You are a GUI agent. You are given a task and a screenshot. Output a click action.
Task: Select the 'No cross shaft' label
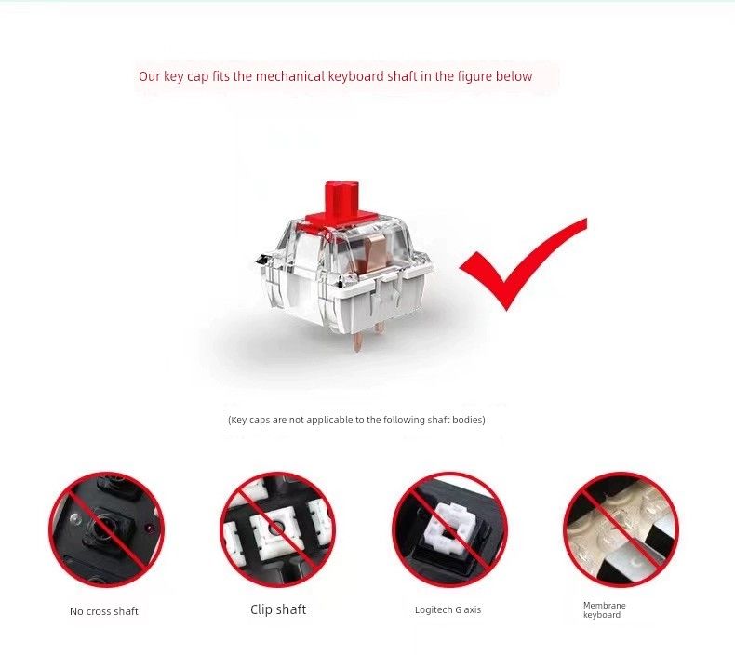pyautogui.click(x=104, y=611)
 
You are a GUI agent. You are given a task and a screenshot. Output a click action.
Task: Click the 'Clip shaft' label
pyautogui.click(x=278, y=609)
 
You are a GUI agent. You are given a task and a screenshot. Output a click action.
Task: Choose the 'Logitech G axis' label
pyautogui.click(x=448, y=610)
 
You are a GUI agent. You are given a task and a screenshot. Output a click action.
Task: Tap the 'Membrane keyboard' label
pyautogui.click(x=605, y=610)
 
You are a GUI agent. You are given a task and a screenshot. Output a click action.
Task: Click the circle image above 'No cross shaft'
pyautogui.click(x=107, y=529)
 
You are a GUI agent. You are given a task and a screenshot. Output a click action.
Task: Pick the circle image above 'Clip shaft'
pyautogui.click(x=278, y=529)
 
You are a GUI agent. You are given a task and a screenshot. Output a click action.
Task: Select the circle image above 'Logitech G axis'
pyautogui.click(x=449, y=529)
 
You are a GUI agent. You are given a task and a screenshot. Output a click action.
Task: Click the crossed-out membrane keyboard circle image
pyautogui.click(x=621, y=529)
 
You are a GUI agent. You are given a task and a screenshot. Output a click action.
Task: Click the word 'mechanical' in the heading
pyautogui.click(x=289, y=76)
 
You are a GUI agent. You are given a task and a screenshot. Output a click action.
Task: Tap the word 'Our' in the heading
pyautogui.click(x=150, y=76)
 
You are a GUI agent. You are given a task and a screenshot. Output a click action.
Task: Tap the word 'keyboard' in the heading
pyautogui.click(x=356, y=76)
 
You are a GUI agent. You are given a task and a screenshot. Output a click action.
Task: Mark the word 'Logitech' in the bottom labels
pyautogui.click(x=432, y=610)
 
